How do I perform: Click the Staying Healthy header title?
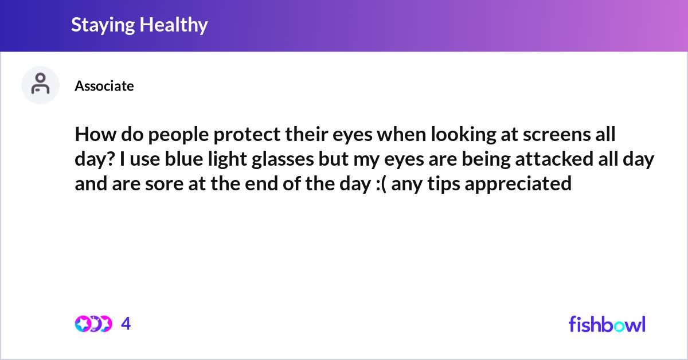[139, 25]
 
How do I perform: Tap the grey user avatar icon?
[40, 85]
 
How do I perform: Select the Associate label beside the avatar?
[104, 86]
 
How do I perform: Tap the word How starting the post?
[92, 136]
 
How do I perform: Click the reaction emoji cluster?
[93, 324]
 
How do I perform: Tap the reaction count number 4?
[126, 324]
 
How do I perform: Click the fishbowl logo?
[607, 324]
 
